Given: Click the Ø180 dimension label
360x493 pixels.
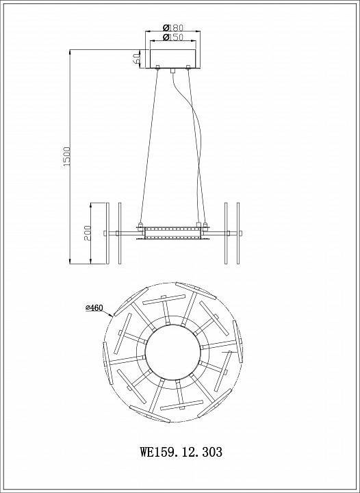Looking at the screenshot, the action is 172,27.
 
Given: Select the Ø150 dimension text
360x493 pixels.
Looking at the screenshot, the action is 173,37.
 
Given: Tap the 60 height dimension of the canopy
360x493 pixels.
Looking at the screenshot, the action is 136,58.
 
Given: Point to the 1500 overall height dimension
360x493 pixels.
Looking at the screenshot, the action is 67,157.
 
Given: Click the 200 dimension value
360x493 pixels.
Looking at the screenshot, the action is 88,233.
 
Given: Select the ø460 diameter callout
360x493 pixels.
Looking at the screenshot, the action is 94,308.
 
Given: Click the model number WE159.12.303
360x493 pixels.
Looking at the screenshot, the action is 181,452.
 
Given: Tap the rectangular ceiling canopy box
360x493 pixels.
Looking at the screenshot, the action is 173,58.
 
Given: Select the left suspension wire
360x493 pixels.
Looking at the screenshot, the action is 149,146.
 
